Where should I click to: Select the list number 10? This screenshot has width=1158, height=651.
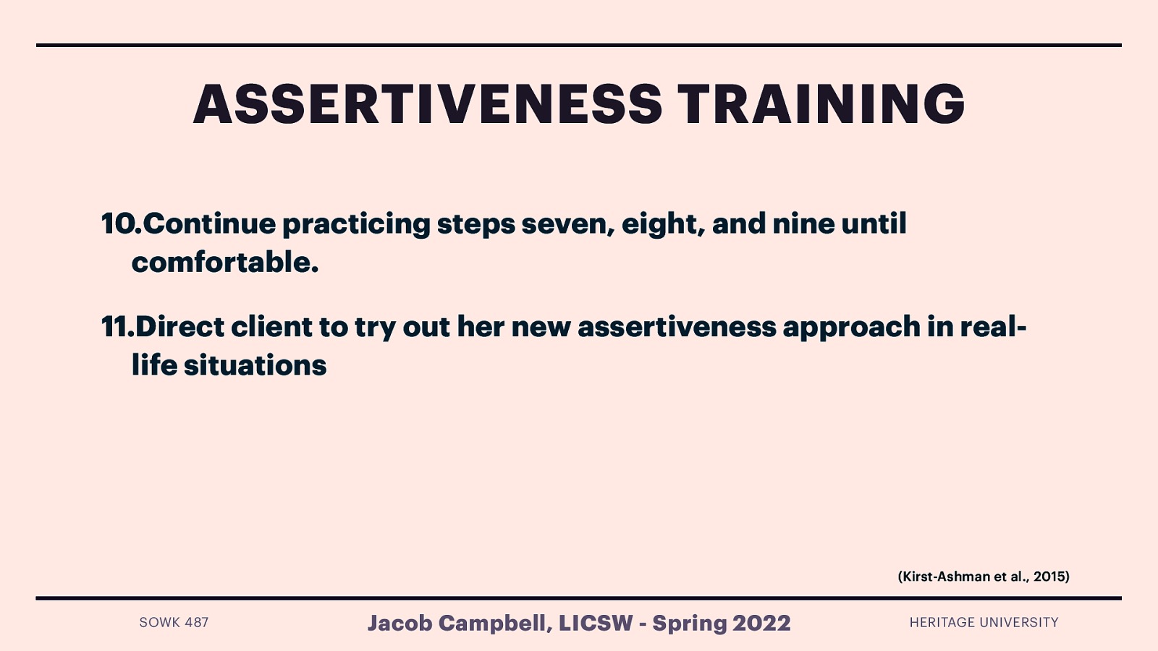[x=120, y=224]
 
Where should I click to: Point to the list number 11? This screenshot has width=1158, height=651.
[x=117, y=327]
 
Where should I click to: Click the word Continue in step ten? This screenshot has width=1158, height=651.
[x=209, y=224]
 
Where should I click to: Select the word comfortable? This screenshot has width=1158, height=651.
[x=224, y=262]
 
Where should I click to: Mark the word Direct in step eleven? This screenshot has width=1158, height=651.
[x=179, y=327]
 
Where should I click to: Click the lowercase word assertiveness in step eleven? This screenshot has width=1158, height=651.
[x=677, y=327]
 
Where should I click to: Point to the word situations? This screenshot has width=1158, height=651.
[x=255, y=365]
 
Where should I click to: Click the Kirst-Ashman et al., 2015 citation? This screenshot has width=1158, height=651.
[x=983, y=576]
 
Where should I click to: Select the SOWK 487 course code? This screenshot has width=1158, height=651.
[x=174, y=622]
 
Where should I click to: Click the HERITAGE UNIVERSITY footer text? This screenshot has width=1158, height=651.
[x=984, y=622]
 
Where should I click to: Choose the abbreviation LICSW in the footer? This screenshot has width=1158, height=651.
[x=595, y=623]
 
